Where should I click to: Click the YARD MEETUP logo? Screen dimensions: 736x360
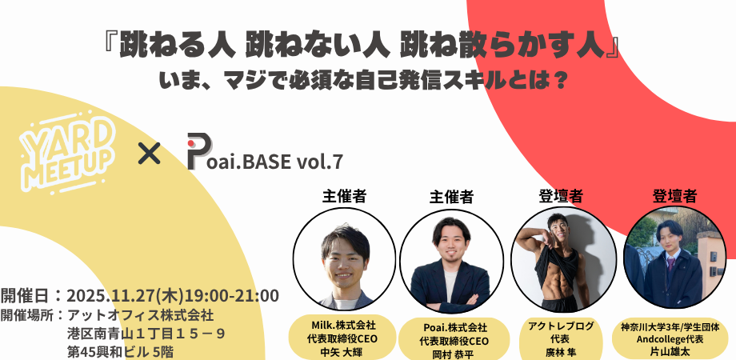tap(68, 153)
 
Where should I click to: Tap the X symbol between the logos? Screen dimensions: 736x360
tap(150, 154)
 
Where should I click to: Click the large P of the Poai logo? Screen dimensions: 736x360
tap(199, 151)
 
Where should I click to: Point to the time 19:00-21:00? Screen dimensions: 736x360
tap(232, 296)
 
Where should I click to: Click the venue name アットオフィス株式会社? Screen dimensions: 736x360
tap(141, 314)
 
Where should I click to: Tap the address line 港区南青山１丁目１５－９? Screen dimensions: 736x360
tap(146, 334)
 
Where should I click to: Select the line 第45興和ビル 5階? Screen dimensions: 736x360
tap(121, 351)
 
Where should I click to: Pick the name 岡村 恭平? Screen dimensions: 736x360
tap(454, 353)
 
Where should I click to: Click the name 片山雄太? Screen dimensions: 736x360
tap(670, 350)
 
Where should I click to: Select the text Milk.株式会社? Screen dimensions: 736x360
tap(344, 325)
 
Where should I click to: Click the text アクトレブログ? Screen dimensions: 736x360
tap(561, 326)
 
